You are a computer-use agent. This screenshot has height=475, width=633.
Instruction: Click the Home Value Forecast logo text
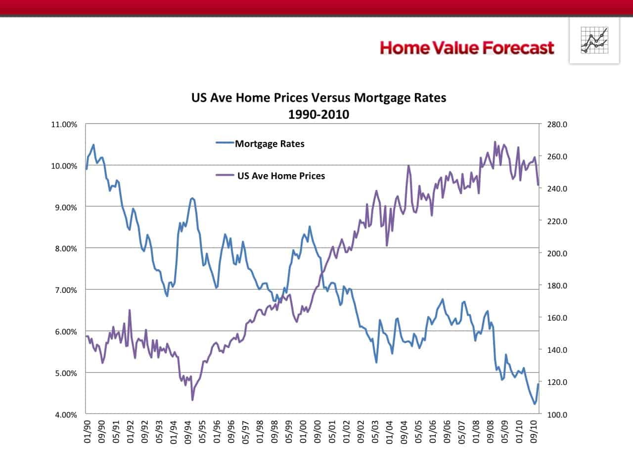pos(467,48)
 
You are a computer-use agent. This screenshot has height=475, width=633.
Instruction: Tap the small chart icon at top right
pos(594,41)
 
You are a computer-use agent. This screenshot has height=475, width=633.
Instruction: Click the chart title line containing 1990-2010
pos(318,115)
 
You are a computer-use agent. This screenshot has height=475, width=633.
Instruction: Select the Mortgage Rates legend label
pos(270,144)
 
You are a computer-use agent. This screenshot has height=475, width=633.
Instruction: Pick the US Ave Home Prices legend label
pos(281,176)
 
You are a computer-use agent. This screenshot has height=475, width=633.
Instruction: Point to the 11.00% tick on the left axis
pos(64,125)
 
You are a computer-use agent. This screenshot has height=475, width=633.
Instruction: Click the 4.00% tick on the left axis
pos(64,415)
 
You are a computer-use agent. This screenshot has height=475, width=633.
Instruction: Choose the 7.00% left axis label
pos(64,290)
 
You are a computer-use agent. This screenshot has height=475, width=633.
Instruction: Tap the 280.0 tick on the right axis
pos(557,125)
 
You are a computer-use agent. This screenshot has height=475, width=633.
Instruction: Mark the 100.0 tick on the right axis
pos(557,415)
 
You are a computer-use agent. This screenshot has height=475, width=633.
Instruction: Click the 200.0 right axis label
pos(557,253)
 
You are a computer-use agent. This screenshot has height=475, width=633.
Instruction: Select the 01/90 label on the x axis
pos(88,431)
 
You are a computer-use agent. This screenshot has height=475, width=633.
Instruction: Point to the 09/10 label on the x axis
pos(534,431)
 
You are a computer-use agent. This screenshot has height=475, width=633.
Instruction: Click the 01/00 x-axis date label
pos(303,431)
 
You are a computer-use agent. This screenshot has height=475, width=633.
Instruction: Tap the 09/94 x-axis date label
pos(188,431)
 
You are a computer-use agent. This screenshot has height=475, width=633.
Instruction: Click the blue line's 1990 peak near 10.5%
pos(93,145)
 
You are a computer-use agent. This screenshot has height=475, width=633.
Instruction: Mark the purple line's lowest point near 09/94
pos(192,399)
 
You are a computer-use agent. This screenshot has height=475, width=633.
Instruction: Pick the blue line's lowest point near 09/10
pos(535,404)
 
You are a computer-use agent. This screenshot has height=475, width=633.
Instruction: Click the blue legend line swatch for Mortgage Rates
pos(225,143)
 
